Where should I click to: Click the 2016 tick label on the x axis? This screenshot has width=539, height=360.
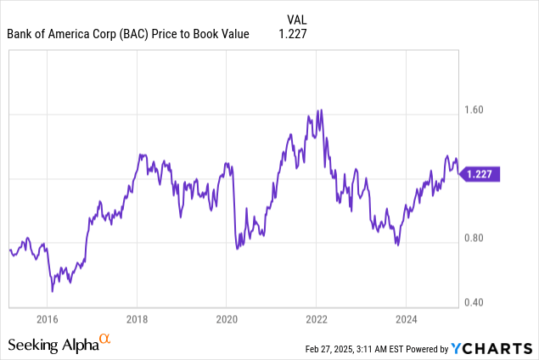(x=47, y=319)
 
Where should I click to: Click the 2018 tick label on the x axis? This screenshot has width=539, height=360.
(x=137, y=319)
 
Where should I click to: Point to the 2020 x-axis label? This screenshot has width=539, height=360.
(x=226, y=319)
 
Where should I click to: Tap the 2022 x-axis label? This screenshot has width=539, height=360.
(x=316, y=319)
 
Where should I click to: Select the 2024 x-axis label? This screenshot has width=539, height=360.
(x=405, y=319)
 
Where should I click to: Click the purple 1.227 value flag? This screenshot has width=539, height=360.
(x=480, y=173)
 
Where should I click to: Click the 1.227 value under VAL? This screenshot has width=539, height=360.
(x=292, y=34)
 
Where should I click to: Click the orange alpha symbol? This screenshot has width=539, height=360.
(x=105, y=339)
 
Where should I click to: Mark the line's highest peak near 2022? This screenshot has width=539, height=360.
(x=320, y=110)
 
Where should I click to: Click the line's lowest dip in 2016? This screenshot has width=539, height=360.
(x=52, y=291)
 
